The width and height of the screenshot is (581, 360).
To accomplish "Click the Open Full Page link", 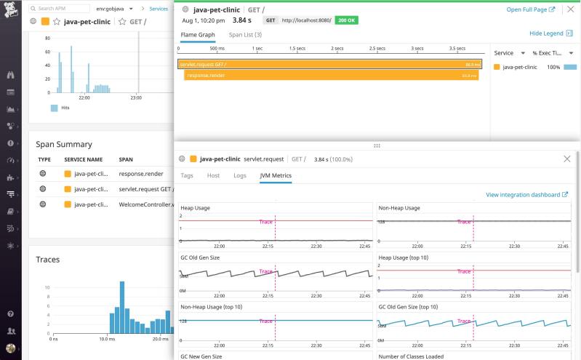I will click(530, 9).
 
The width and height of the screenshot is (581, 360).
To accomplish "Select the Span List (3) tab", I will click(245, 34).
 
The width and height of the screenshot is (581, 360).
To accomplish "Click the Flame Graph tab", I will click(199, 34).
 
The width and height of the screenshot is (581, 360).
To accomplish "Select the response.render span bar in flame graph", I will click(331, 75).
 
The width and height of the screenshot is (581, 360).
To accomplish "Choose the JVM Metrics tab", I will click(276, 175).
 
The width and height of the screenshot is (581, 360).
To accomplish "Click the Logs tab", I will click(239, 175).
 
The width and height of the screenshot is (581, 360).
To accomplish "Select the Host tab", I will click(213, 175).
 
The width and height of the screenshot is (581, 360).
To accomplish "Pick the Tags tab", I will click(187, 175).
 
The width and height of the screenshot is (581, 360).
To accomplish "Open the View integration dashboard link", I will click(526, 195).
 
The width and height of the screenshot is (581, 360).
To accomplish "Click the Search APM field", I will click(79, 9).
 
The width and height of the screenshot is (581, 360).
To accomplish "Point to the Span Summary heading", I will click(64, 144).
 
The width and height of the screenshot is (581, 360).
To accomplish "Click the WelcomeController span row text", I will click(146, 204).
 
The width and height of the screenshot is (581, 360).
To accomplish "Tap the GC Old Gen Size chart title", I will click(200, 257).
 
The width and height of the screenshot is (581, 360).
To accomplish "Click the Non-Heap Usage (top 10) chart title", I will click(212, 307).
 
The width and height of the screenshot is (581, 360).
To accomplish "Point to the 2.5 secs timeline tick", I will click(377, 49).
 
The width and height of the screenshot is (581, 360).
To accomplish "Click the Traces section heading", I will click(48, 259).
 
